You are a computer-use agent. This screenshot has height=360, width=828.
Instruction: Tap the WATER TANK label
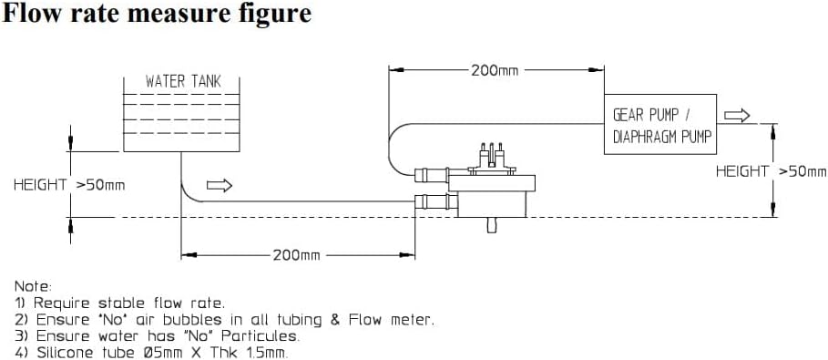click(182, 82)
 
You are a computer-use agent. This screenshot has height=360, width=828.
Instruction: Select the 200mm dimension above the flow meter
click(495, 69)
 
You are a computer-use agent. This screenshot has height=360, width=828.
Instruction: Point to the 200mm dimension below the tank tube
click(296, 255)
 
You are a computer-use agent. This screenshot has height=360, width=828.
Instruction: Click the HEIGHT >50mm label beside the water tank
click(68, 185)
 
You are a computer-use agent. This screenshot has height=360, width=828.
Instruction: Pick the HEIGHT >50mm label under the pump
click(771, 170)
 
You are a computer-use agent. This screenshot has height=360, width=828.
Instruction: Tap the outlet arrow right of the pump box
click(737, 115)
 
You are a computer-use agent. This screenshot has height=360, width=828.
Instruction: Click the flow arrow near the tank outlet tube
click(220, 185)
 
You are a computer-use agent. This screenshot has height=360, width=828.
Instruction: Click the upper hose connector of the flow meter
click(432, 173)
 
